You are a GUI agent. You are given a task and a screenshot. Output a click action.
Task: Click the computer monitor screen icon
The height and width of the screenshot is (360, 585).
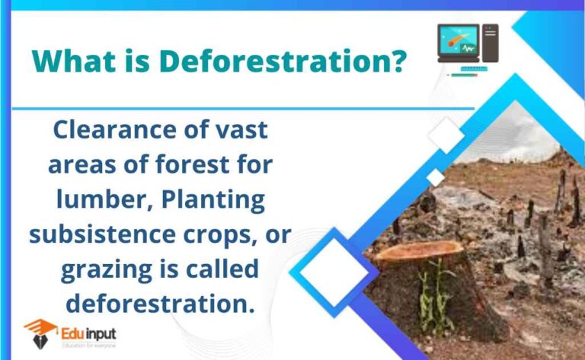[x=458, y=43]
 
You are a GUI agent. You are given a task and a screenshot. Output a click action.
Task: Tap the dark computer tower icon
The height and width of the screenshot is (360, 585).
[x=490, y=43]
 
